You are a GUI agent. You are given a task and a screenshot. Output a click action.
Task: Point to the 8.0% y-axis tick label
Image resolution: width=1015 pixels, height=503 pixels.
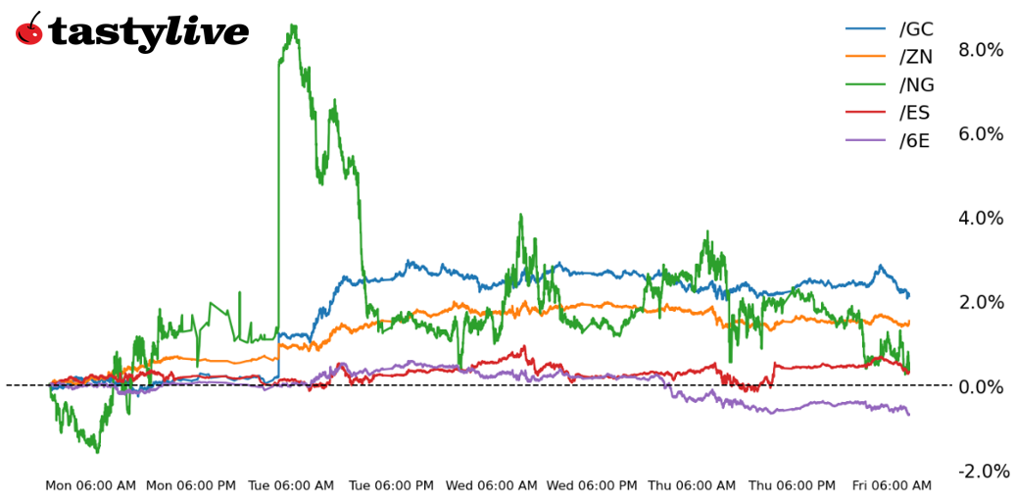point(981,50)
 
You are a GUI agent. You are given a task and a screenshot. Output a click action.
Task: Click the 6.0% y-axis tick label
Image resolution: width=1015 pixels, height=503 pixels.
point(981,134)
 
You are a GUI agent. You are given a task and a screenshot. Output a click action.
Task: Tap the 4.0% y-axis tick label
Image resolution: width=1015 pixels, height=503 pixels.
point(981,219)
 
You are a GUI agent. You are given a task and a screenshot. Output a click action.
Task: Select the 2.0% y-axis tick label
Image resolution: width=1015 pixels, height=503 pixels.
point(981,302)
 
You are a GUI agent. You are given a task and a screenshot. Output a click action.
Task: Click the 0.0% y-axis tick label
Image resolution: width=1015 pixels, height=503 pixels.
point(981,386)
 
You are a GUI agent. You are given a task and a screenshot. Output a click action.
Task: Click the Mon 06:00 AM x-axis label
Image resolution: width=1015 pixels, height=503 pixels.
point(91,485)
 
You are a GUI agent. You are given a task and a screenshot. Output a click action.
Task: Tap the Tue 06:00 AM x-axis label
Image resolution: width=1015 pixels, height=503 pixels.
point(292,485)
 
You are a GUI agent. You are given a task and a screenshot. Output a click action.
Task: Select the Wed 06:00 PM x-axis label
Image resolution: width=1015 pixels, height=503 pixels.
point(592,485)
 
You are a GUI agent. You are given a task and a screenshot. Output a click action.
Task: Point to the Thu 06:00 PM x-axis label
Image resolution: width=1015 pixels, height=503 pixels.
point(792,485)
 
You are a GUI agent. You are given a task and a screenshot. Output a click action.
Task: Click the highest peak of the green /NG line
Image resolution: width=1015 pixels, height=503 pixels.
point(293,26)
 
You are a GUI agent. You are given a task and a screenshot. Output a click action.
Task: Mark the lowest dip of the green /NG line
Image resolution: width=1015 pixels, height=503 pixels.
point(97,452)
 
